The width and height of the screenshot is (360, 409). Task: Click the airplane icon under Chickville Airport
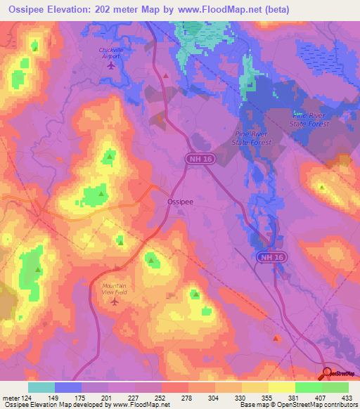(111, 66)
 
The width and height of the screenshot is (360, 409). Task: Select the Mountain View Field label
(115, 289)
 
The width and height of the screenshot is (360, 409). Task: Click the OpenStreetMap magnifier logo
(326, 373)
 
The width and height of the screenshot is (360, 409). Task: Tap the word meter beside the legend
(10, 396)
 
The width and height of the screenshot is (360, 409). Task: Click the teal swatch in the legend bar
(41, 387)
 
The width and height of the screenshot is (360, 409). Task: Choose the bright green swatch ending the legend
(335, 387)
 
